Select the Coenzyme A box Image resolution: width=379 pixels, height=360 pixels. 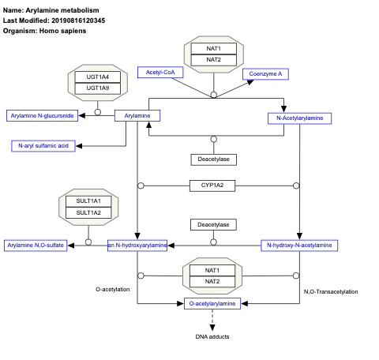[x=265, y=73]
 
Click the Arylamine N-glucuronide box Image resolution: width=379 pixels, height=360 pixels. [x=41, y=116]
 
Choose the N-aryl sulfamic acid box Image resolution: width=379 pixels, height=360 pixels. [x=43, y=145]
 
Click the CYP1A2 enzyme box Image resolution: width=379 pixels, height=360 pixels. [x=212, y=186]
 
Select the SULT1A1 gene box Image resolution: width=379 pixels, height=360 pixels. [x=88, y=201]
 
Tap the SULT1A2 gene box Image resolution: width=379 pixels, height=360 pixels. [x=88, y=212]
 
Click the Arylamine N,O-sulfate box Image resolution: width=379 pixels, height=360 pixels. [x=35, y=246]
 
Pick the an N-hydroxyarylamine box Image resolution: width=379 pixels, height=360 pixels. [x=137, y=246]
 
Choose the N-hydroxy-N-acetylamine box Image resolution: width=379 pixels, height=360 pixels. [x=299, y=246]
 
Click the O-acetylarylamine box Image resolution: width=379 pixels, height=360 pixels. [x=212, y=303]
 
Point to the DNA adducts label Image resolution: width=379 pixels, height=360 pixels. [x=212, y=337]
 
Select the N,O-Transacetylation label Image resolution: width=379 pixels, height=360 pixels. [x=330, y=292]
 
